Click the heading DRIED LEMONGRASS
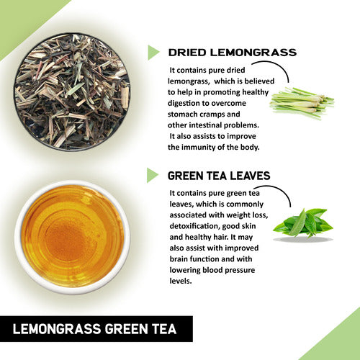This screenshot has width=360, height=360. pyautogui.click(x=232, y=53)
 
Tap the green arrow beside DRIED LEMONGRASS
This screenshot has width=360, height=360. pyautogui.click(x=153, y=53)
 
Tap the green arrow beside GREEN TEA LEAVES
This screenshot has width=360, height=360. pyautogui.click(x=153, y=175)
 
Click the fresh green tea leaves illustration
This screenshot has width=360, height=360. pyautogui.click(x=302, y=224)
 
